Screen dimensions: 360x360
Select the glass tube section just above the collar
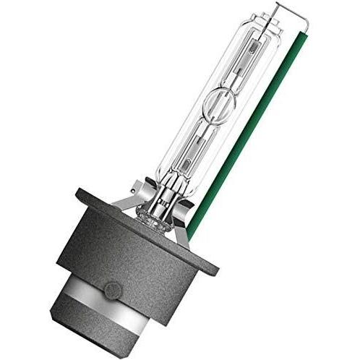coord(181,181)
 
